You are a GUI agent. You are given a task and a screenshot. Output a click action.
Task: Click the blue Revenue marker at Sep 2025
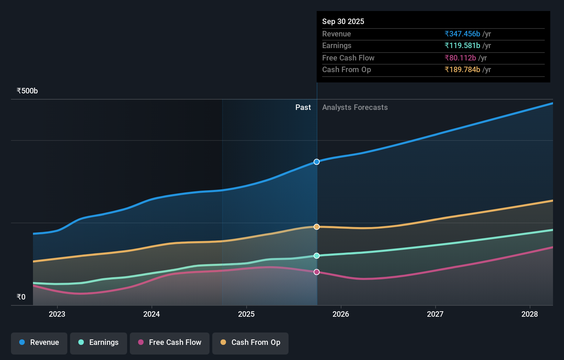[317, 162]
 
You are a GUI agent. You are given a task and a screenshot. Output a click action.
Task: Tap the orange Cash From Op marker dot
[317, 227]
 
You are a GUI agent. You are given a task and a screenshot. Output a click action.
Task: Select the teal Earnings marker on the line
[317, 256]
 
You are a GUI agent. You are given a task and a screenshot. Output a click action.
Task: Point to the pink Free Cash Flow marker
[317, 272]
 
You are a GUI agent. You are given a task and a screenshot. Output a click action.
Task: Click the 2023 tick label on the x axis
[57, 314]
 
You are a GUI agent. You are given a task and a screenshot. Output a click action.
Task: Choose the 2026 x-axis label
[341, 314]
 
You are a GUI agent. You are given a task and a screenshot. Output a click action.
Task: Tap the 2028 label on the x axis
[530, 314]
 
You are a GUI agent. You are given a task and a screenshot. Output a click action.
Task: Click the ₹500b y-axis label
[27, 91]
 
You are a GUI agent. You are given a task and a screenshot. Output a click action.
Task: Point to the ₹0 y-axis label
[21, 297]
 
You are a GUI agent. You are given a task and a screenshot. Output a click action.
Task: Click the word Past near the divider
[303, 108]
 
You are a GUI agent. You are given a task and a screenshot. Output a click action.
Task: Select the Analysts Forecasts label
[355, 108]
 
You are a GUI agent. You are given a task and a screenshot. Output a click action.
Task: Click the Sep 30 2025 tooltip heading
[343, 21]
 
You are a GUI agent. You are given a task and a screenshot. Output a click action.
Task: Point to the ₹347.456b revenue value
[462, 34]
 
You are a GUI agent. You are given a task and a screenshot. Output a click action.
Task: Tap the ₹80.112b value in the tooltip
[460, 58]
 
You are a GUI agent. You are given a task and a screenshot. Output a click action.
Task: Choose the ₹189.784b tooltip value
[462, 70]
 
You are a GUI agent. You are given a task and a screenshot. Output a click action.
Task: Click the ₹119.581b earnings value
[462, 46]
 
